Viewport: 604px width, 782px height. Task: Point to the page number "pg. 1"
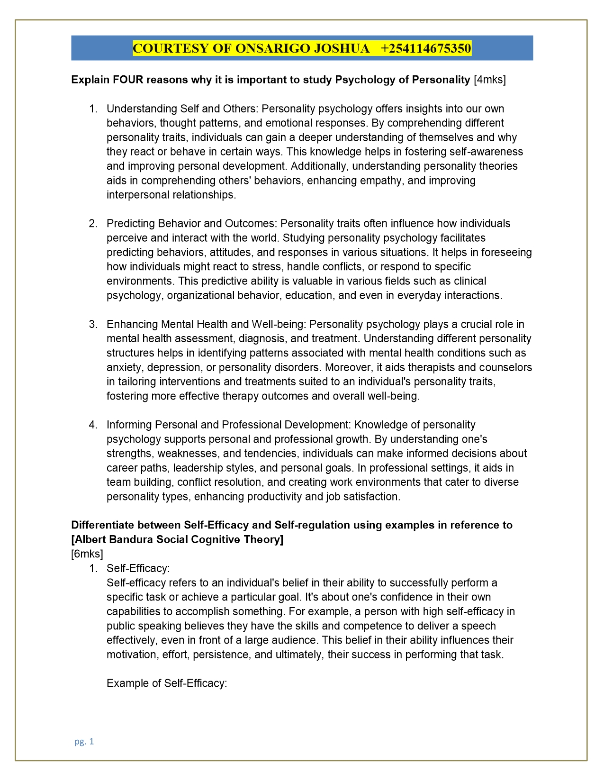click(84, 742)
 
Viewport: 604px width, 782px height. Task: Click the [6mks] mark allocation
click(87, 554)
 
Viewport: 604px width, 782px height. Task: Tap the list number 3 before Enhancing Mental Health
click(93, 324)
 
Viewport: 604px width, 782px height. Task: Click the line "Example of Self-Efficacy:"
click(167, 683)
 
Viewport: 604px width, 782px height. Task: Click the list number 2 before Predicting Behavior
click(93, 223)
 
